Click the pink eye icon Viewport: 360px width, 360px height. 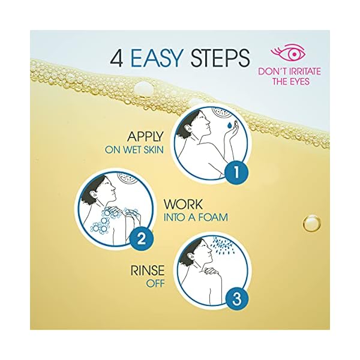pos(289,52)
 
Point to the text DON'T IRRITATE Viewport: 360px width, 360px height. pos(289,71)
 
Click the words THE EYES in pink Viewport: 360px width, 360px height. pos(289,81)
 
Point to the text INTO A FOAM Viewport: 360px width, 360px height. pos(195,217)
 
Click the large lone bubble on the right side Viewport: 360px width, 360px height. pos(311,224)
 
